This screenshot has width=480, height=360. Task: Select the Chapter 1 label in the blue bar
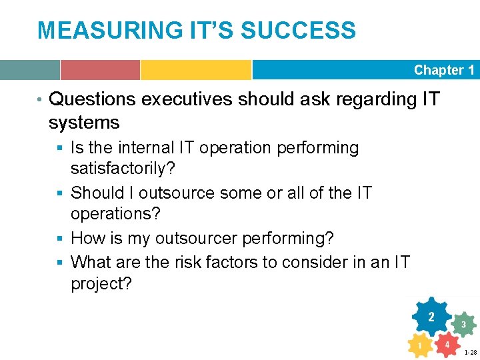click(x=444, y=70)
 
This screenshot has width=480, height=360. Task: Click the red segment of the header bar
click(x=100, y=70)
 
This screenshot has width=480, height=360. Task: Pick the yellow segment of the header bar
click(x=195, y=70)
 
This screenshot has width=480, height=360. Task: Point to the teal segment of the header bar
click(x=30, y=70)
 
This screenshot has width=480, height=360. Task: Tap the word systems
click(x=84, y=123)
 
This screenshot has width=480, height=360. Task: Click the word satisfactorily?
click(x=123, y=169)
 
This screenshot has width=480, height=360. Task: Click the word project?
click(x=101, y=283)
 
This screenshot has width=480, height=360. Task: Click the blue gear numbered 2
click(x=431, y=317)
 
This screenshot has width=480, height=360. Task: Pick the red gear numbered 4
click(x=447, y=345)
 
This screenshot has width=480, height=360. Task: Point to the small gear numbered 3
click(x=463, y=325)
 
